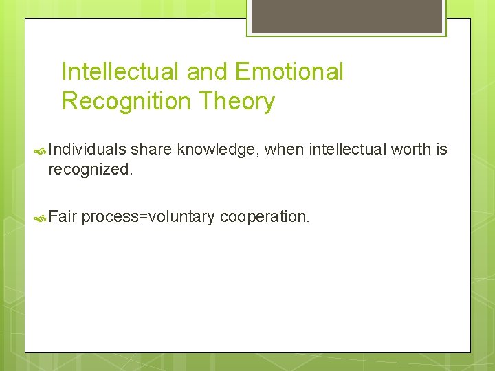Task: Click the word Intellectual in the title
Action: [x=120, y=71]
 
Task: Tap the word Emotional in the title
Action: [x=289, y=71]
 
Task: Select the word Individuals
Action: [x=87, y=150]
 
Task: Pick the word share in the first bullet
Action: [x=151, y=150]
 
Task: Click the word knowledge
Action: [x=217, y=150]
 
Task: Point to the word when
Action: [x=284, y=150]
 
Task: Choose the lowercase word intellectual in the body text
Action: [x=347, y=150]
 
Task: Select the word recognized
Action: [x=89, y=169]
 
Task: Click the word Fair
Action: [x=62, y=217]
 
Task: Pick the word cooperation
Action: [x=265, y=217]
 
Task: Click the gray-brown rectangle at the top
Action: [x=345, y=15]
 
